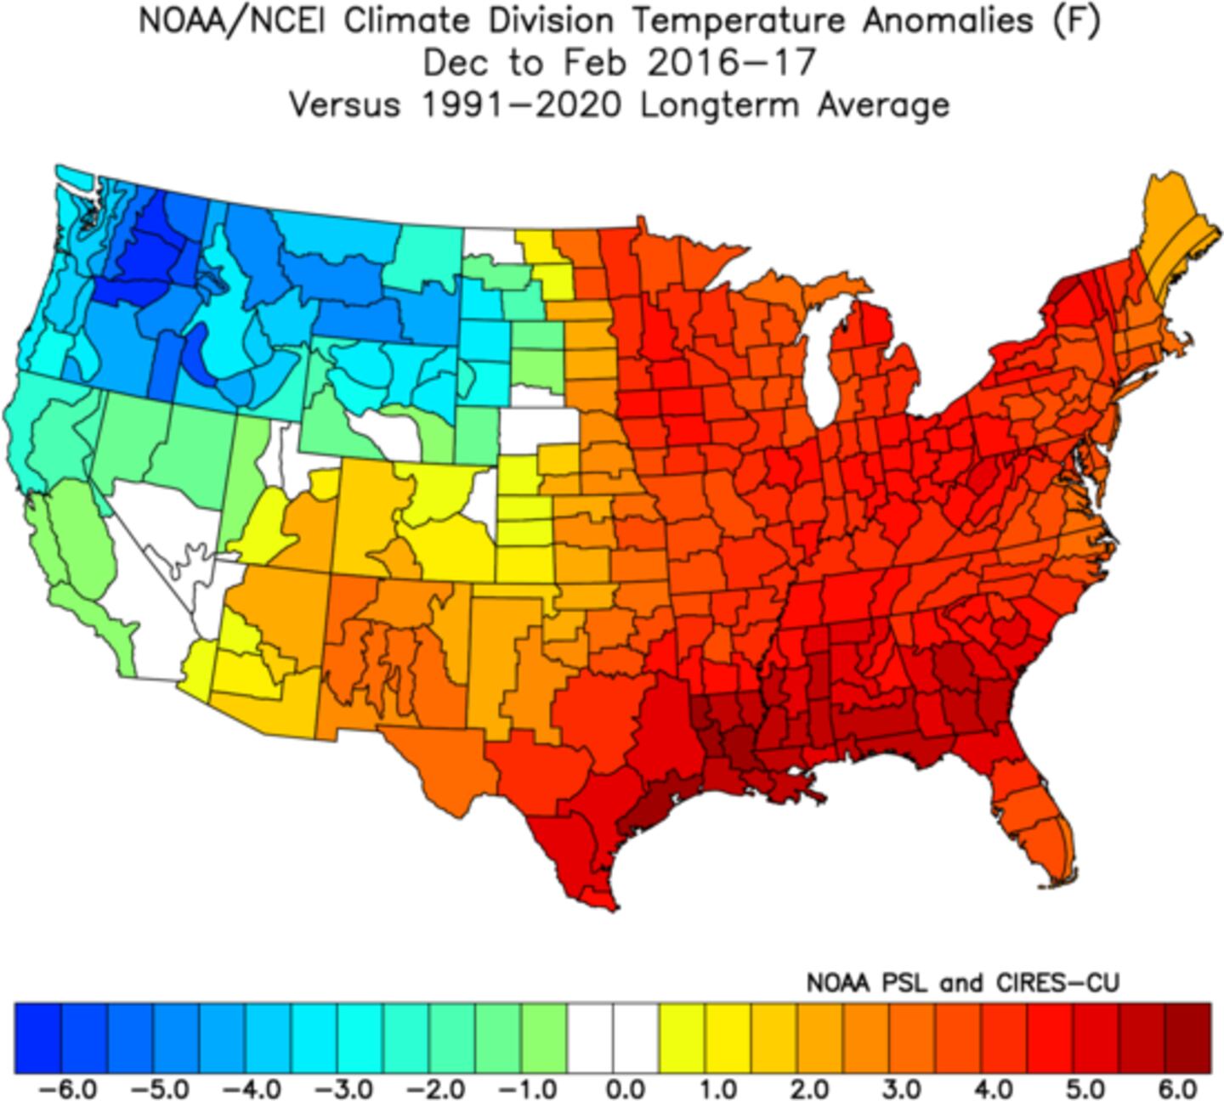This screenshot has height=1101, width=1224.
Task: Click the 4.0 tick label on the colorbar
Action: (992, 1087)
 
